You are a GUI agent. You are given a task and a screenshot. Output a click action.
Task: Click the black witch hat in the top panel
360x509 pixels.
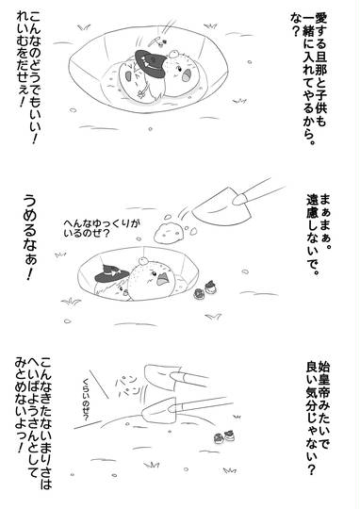(150, 63)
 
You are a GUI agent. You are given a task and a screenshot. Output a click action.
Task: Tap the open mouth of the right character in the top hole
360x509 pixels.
(187, 77)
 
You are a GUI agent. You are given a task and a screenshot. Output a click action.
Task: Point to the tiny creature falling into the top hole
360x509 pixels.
(159, 41)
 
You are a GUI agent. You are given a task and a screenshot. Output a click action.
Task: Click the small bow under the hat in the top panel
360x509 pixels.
(142, 92)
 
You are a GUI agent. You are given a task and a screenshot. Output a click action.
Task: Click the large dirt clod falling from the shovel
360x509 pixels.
(169, 232)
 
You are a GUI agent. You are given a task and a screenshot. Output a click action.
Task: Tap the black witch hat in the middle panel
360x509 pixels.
(112, 273)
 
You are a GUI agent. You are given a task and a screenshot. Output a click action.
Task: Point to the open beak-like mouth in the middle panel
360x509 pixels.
(164, 279)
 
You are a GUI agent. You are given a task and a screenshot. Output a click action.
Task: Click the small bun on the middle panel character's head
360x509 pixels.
(142, 260)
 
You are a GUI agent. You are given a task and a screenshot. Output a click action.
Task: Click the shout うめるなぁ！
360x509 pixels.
(30, 238)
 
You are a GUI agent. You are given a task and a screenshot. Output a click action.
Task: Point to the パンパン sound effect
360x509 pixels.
(127, 386)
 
